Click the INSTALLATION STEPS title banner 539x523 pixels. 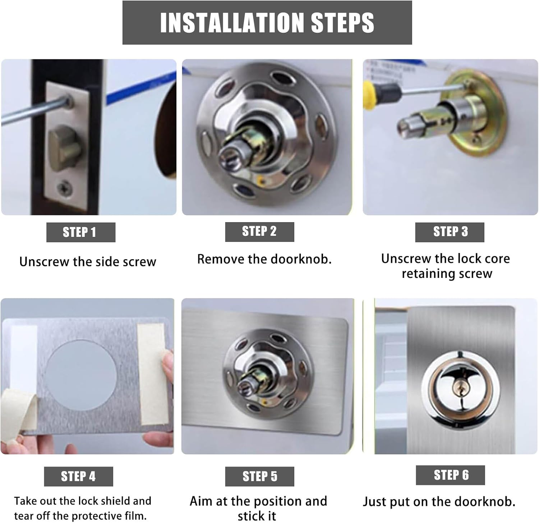(267, 23)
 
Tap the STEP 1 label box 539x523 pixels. (80, 232)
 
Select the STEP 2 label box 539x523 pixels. (259, 231)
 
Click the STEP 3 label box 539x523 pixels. (450, 232)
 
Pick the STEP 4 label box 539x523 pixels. (78, 476)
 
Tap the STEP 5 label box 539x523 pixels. (259, 476)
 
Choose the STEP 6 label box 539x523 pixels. (450, 475)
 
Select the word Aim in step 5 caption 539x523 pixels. (202, 501)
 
